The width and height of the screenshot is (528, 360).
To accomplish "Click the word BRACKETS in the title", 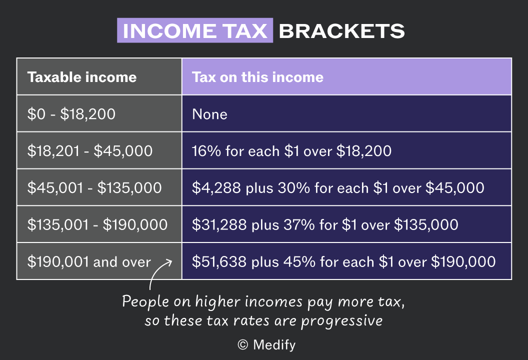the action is [341, 31].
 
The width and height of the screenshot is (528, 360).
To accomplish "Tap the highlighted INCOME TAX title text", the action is [195, 31].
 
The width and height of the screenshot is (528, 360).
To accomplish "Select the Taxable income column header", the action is [82, 77].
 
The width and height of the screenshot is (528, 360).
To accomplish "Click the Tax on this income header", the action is [257, 77].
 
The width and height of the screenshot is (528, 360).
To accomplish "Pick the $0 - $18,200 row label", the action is [71, 114].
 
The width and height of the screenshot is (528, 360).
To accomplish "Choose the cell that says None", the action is [209, 114].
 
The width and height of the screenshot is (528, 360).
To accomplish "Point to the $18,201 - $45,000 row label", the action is [90, 150].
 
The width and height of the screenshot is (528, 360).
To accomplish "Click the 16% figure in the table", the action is [206, 151].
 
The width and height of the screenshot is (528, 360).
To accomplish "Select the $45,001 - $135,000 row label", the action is [94, 187].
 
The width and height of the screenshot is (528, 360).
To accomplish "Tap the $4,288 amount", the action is [216, 187].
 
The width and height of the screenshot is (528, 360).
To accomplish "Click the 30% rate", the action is [293, 187].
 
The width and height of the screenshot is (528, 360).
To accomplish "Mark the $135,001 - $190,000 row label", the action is [97, 224].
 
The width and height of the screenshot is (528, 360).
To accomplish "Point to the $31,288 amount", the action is [219, 224].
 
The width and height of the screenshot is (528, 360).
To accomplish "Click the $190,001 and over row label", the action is [89, 261].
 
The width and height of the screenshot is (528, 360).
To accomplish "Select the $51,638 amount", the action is [219, 261].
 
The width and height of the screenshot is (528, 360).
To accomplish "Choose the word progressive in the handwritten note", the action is [342, 321].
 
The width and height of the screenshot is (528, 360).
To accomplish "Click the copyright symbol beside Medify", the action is [243, 344].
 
